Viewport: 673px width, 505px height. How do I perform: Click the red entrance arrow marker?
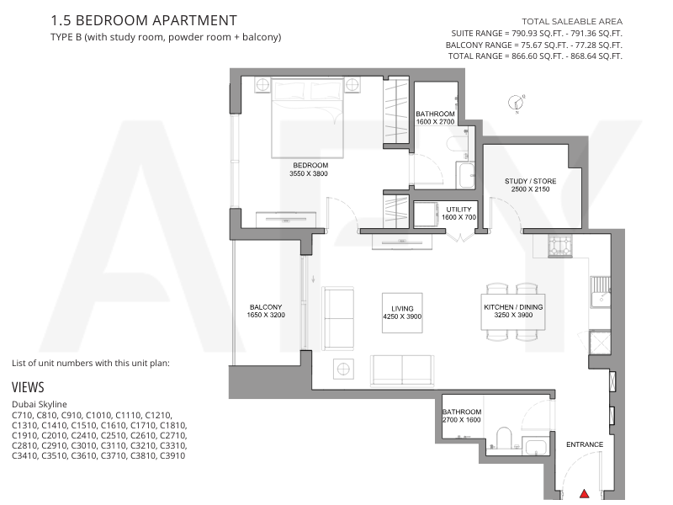click(x=584, y=493)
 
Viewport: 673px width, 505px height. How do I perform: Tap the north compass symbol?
click(x=517, y=103)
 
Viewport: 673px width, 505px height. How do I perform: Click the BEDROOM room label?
click(x=310, y=165)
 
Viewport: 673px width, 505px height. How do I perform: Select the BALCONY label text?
click(x=266, y=307)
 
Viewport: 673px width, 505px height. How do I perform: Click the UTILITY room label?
click(x=458, y=210)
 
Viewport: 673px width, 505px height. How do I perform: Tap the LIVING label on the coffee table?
click(x=402, y=309)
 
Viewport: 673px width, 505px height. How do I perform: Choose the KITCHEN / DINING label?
click(x=513, y=307)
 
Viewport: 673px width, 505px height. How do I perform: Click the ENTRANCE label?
click(x=585, y=444)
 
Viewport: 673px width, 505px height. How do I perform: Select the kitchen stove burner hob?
click(x=560, y=246)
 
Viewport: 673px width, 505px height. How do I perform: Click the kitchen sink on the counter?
click(x=601, y=292)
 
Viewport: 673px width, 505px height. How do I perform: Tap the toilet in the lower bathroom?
click(x=503, y=438)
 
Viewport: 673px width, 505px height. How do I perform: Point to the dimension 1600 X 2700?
click(x=435, y=121)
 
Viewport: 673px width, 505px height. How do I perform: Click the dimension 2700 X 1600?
click(x=461, y=419)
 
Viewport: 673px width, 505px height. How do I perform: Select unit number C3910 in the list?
click(x=172, y=455)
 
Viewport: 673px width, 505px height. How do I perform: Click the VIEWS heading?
click(x=28, y=387)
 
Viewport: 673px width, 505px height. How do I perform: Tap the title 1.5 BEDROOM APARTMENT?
click(x=144, y=20)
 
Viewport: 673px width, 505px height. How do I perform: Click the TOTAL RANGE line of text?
click(x=535, y=56)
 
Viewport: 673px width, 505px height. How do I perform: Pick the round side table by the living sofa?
click(x=343, y=369)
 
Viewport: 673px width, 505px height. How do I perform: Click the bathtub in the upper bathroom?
click(x=466, y=175)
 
